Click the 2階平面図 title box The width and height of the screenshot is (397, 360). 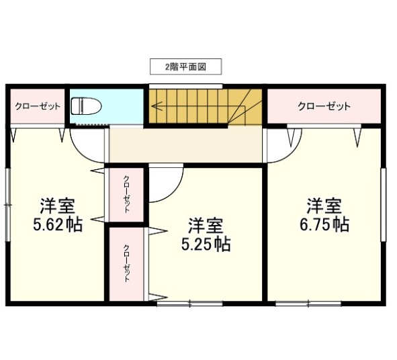tap(186, 66)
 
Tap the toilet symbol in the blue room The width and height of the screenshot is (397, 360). tap(86, 106)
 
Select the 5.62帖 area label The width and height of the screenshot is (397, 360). tap(58, 224)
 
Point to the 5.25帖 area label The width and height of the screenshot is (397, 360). tap(206, 244)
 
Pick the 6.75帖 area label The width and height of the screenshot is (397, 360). tap(324, 224)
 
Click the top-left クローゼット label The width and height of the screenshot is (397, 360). tap(38, 106)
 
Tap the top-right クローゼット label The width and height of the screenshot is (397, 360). tap(324, 106)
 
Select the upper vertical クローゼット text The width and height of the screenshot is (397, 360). tap(126, 194)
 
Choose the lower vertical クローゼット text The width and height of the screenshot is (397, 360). tap(126, 263)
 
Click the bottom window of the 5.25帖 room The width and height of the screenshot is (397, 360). tap(190, 304)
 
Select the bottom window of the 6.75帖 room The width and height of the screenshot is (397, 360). tap(308, 304)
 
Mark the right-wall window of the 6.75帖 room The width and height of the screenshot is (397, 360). tap(384, 205)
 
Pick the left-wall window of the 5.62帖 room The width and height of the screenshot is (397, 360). tap(8, 205)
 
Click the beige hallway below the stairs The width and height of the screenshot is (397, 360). tap(186, 145)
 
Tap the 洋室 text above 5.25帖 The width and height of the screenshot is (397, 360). tap(206, 226)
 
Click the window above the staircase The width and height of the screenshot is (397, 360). tap(186, 87)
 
